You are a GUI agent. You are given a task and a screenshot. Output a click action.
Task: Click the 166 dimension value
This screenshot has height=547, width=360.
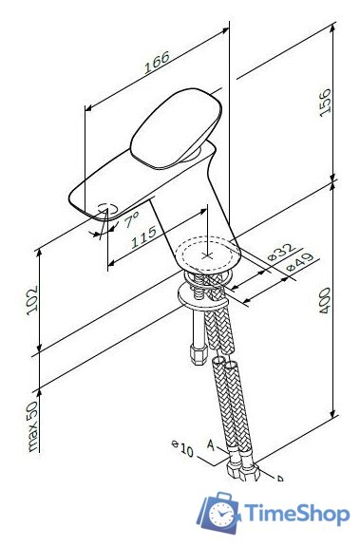(158, 60)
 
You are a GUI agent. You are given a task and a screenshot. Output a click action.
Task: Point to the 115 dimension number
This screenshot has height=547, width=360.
(144, 238)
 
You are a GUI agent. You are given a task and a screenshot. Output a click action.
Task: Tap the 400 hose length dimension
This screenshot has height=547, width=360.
(323, 301)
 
